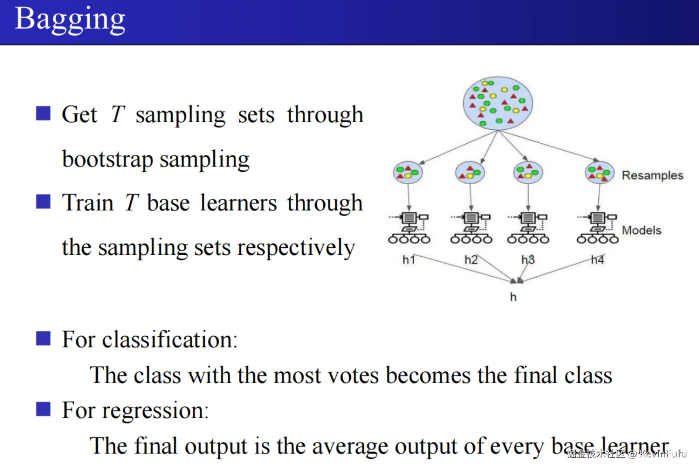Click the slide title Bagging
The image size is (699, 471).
click(x=70, y=19)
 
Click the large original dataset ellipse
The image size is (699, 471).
click(x=498, y=103)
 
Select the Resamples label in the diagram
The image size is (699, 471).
click(x=652, y=175)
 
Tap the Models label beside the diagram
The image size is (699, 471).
click(x=641, y=230)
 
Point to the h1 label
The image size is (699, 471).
click(x=409, y=259)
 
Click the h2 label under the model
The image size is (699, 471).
click(x=471, y=259)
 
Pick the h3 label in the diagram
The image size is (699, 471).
click(x=528, y=259)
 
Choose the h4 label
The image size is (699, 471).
click(x=598, y=259)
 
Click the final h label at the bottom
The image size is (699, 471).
click(x=513, y=297)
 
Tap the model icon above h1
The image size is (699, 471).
click(x=409, y=228)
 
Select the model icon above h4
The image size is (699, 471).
click(x=598, y=228)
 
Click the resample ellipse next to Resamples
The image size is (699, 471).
click(x=600, y=172)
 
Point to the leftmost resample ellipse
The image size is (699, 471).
click(x=408, y=172)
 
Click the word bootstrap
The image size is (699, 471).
click(x=108, y=159)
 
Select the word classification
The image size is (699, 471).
click(x=170, y=339)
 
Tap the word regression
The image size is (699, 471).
click(x=155, y=411)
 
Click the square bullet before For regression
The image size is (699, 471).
click(x=43, y=409)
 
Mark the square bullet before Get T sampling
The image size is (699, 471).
click(x=43, y=113)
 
